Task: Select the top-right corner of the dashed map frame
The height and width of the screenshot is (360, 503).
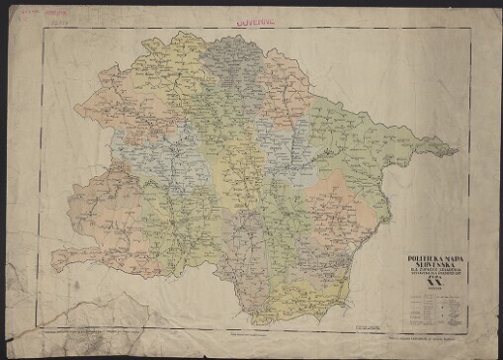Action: (472, 27)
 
